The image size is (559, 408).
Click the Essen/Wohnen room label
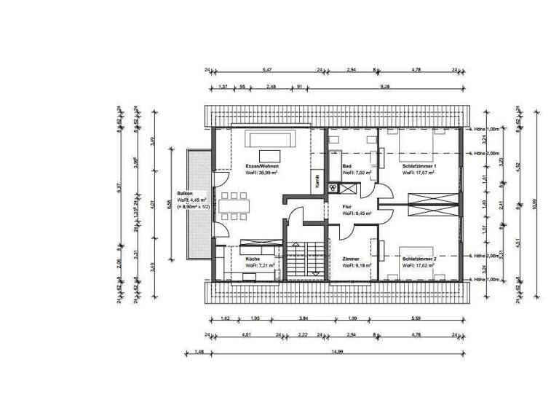click(x=262, y=166)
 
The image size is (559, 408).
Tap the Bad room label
click(x=347, y=166)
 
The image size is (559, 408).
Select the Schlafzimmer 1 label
click(x=419, y=166)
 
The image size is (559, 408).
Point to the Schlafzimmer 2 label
click(x=419, y=259)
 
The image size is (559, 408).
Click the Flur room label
click(x=347, y=206)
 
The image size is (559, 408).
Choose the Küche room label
click(x=253, y=259)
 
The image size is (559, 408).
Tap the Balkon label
click(x=185, y=193)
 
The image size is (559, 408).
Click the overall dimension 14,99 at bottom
click(x=336, y=353)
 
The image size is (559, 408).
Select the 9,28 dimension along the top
click(x=393, y=86)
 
